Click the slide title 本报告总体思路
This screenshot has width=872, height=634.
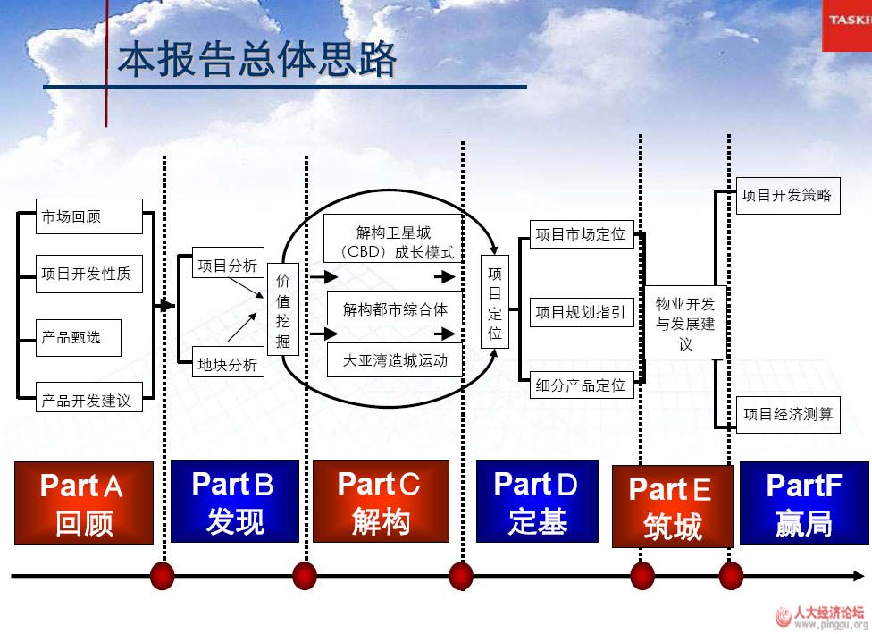tap(257, 60)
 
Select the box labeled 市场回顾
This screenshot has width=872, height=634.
tap(88, 216)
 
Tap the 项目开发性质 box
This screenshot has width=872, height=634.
tap(88, 274)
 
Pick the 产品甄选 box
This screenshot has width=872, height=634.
tap(78, 337)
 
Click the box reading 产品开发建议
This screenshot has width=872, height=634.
tap(88, 400)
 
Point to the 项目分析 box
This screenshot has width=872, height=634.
tap(229, 265)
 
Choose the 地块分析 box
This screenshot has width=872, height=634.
tap(229, 364)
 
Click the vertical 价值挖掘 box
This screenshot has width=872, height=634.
tap(283, 311)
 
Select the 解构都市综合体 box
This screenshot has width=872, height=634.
tap(394, 309)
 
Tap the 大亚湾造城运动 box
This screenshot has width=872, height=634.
tap(394, 361)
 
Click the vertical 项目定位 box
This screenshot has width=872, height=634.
tap(495, 304)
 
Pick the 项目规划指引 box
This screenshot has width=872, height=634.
tap(581, 312)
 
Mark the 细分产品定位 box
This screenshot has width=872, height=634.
tap(581, 385)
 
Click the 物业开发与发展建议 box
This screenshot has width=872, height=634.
tap(685, 324)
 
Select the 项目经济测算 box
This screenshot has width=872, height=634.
tap(787, 414)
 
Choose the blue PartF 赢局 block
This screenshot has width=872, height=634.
tap(803, 503)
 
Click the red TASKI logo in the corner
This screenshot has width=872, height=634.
tap(847, 21)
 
